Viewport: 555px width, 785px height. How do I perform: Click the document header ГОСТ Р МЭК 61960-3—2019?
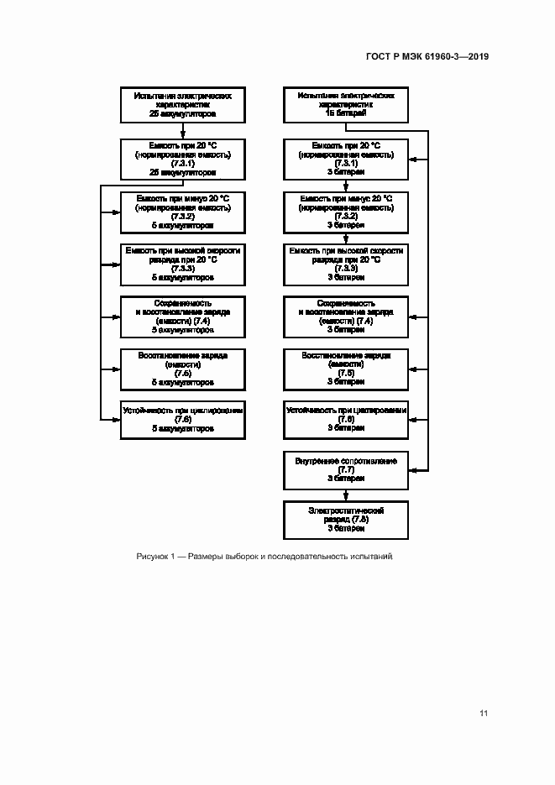[x=427, y=57]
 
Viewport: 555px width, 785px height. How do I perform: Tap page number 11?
[x=484, y=714]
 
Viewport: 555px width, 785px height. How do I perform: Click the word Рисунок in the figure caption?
[x=153, y=557]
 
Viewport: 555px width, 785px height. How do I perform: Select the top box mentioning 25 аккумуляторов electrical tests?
[x=183, y=104]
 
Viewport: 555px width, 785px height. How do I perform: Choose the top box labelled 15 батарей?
[x=345, y=104]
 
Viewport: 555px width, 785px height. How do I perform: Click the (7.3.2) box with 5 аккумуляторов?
[x=183, y=212]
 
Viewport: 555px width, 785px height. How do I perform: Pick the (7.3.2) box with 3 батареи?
[x=345, y=212]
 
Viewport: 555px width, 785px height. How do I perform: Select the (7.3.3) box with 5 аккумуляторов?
[x=183, y=264]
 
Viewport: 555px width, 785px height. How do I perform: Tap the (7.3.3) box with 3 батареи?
[x=345, y=264]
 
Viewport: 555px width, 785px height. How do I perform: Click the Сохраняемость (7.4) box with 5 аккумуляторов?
[x=183, y=316]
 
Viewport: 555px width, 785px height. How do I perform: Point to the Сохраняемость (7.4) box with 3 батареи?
[x=345, y=316]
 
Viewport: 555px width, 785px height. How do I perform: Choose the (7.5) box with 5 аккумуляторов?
[x=183, y=368]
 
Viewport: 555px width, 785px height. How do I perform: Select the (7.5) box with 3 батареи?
[x=345, y=368]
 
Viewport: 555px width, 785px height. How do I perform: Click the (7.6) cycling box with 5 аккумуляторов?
[x=183, y=420]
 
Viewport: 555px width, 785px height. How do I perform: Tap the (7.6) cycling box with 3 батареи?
[x=345, y=420]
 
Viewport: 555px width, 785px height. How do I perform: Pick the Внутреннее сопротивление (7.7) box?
[x=345, y=469]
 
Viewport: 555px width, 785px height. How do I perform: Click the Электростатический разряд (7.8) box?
[x=345, y=520]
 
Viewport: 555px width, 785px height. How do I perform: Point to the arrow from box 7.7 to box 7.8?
[x=345, y=495]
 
